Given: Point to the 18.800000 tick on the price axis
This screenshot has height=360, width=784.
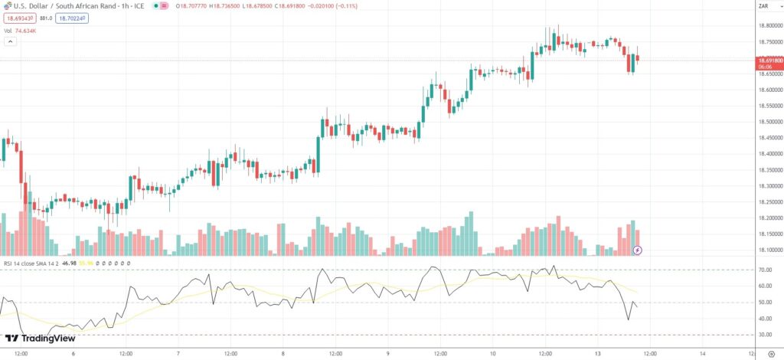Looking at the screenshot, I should (768, 26).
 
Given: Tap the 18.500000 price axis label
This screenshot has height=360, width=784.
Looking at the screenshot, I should (768, 122).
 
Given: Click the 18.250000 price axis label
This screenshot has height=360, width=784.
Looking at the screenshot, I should (768, 202).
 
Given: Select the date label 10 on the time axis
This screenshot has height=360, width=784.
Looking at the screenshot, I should (493, 353).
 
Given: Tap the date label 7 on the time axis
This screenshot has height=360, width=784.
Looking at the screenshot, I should (178, 353).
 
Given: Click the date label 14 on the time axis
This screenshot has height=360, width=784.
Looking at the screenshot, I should (703, 353).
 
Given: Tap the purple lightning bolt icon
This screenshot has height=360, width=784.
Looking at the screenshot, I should (638, 250).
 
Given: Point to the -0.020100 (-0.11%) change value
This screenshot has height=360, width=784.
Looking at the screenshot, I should (336, 6).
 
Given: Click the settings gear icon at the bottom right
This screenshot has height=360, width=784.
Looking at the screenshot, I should (770, 353).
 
